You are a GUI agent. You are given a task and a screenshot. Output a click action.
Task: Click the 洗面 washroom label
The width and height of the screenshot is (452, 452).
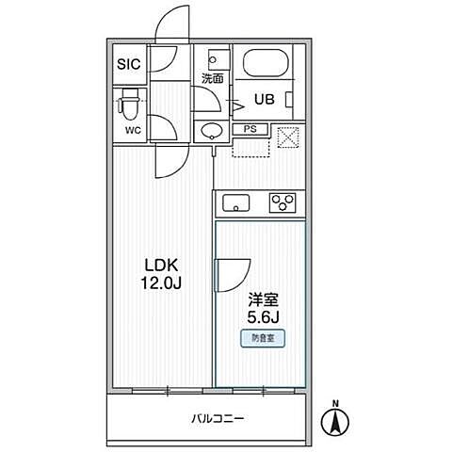213,79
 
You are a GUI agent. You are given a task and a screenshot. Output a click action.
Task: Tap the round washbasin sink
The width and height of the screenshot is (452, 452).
209,130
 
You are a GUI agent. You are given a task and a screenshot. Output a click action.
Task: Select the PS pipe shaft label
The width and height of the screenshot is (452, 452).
250,130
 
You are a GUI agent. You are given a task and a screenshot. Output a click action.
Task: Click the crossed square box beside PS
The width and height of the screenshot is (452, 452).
287,137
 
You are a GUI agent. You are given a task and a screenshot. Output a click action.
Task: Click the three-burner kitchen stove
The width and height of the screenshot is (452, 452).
282,202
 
